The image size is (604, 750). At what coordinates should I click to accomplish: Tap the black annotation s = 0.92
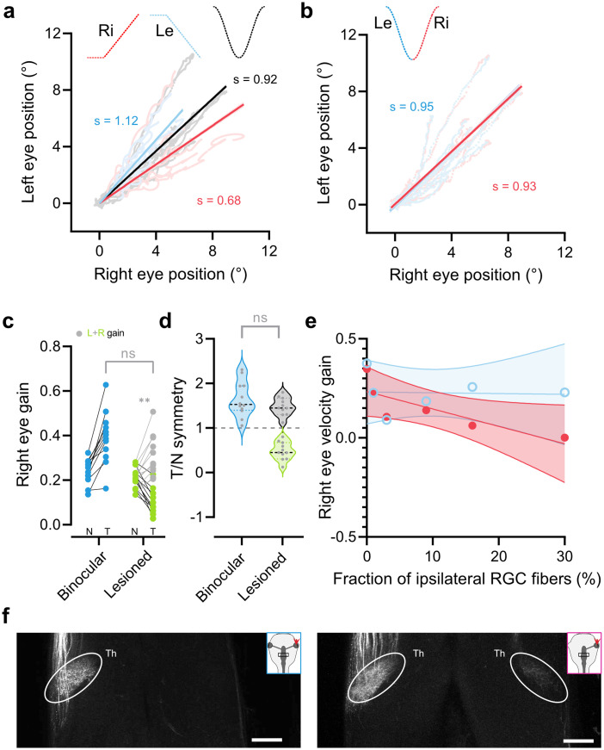[253, 80]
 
